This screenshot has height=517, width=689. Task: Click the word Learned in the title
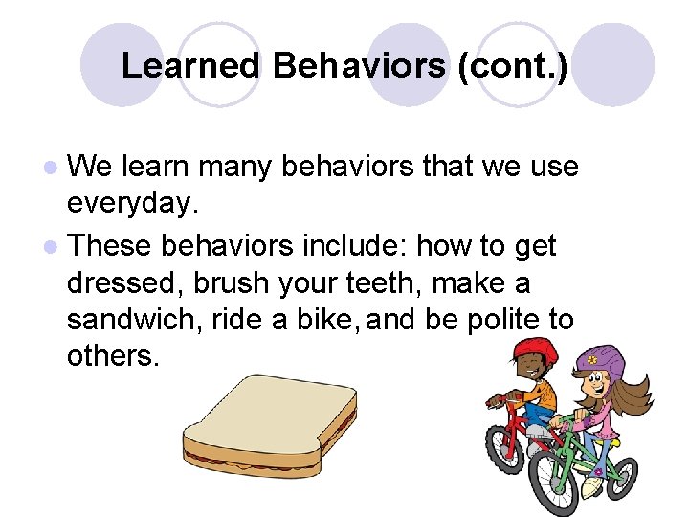(190, 66)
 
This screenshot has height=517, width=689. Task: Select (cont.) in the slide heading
(513, 66)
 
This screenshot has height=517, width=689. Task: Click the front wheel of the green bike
(555, 483)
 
